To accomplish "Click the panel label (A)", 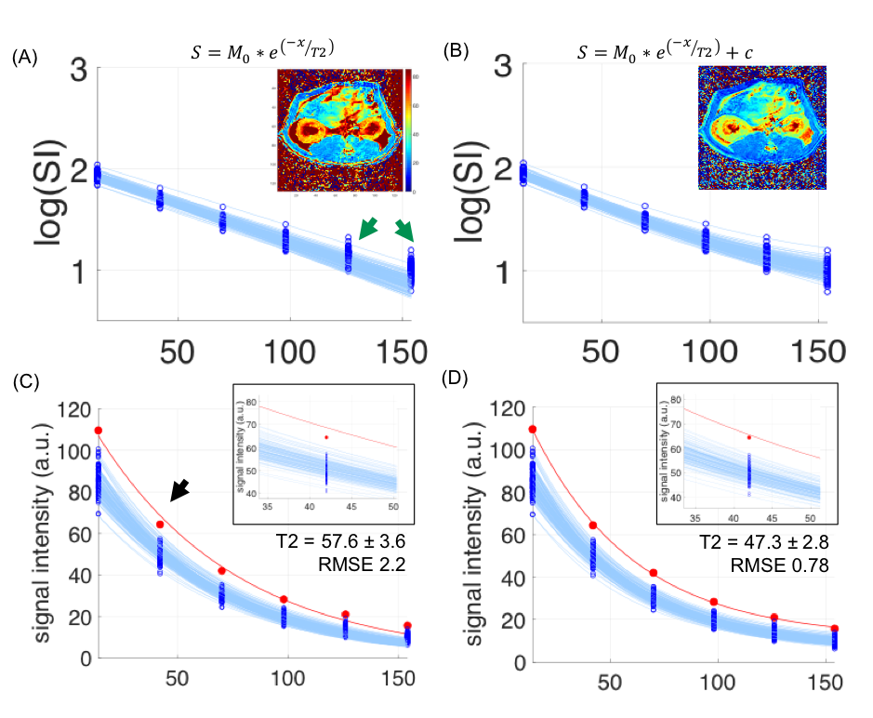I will [24, 58].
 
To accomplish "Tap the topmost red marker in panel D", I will [533, 429].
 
